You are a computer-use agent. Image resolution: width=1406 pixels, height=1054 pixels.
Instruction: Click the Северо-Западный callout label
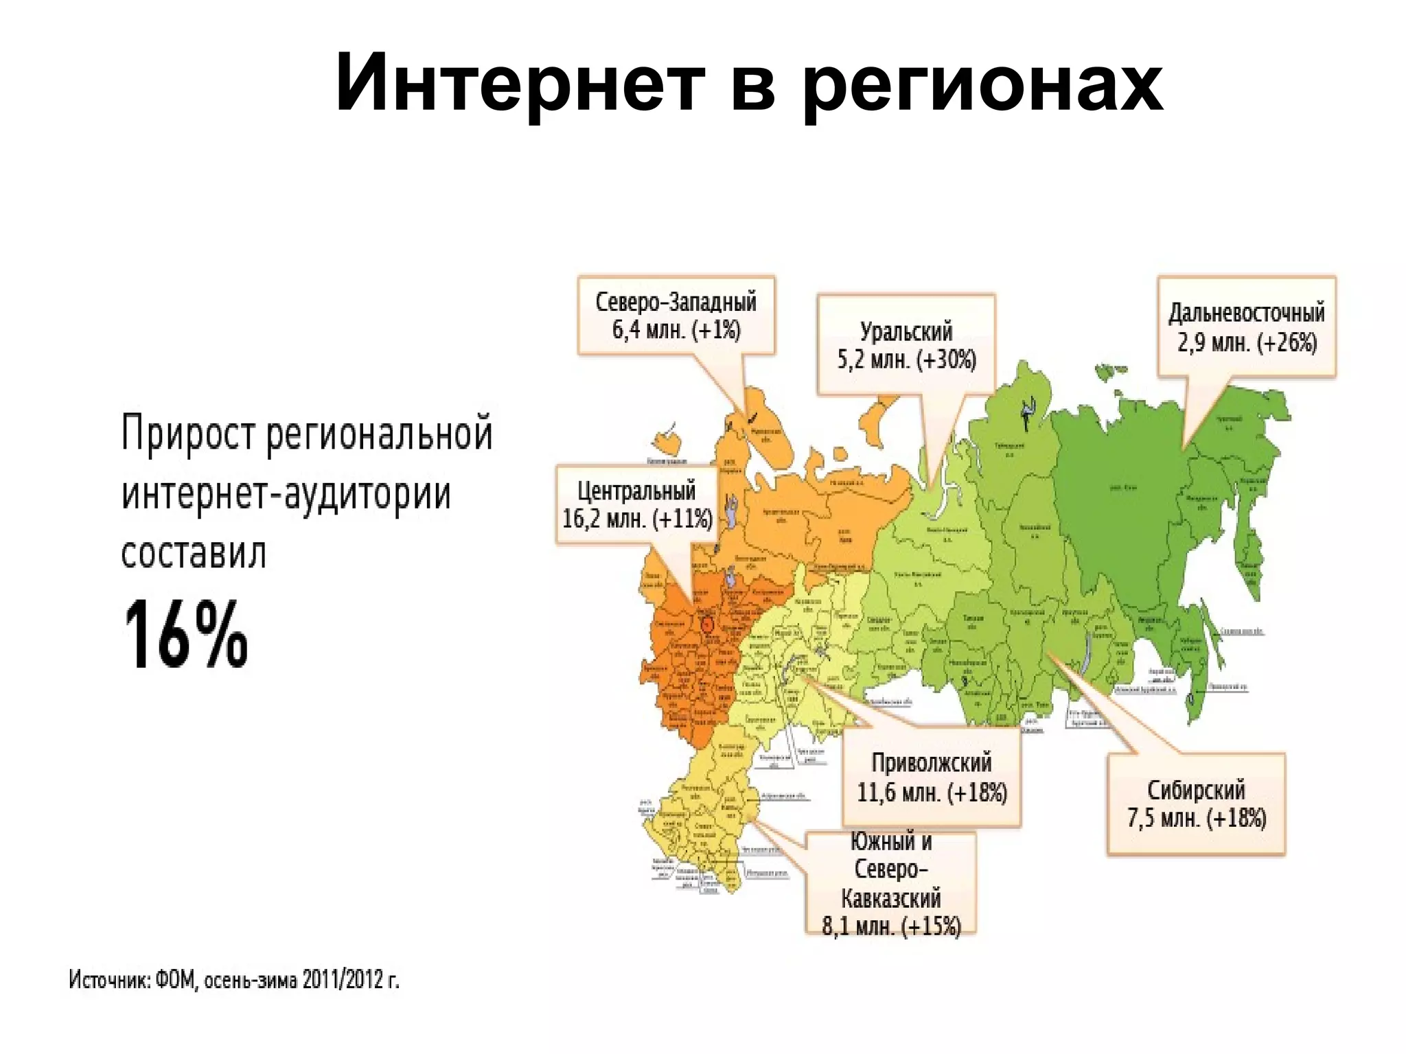pos(676,301)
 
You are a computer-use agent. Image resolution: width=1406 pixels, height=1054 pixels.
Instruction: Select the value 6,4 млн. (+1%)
pos(676,330)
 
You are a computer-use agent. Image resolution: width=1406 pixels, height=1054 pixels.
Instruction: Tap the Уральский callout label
pos(906,331)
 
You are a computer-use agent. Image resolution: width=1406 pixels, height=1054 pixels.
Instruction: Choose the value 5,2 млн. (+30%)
pos(906,360)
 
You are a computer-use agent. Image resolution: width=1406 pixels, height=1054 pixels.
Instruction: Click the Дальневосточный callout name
pos(1247,313)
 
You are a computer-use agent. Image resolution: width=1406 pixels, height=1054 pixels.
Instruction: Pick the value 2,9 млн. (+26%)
pos(1247,342)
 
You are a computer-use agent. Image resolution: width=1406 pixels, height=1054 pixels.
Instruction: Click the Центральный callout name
pos(636,491)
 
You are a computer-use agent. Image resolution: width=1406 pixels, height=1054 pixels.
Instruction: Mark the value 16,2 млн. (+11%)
pos(637,519)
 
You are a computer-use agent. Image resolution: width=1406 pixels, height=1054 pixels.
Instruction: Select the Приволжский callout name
pos(932,763)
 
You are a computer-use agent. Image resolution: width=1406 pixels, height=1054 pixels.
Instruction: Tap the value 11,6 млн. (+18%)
pos(932,793)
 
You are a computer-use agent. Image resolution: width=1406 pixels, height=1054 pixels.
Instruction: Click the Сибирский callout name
pos(1196,790)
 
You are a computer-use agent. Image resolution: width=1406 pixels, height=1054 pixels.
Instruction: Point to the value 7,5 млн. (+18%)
pos(1196,819)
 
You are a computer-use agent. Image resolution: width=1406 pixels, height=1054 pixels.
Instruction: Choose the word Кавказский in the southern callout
pos(891,898)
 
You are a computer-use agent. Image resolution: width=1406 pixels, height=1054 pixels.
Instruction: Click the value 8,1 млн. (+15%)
pos(891,926)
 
